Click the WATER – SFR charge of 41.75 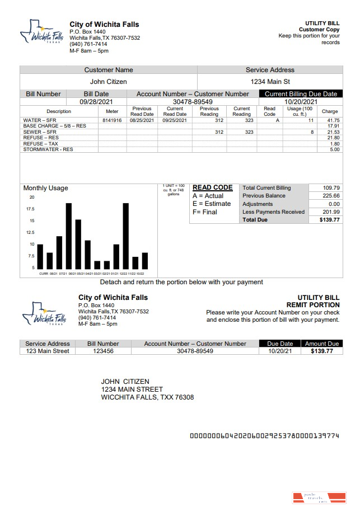pos(333,120)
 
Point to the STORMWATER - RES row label pos(48,149)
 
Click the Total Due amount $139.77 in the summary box pos(330,220)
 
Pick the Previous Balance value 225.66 pos(331,196)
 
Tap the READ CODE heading pos(212,188)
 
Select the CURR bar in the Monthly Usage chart pos(40,256)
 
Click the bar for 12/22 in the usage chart pos(126,236)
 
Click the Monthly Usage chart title pos(45,188)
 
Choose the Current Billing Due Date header pos(301,94)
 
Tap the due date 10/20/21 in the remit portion pos(280,351)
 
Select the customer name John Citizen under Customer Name pos(109,82)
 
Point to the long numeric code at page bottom pos(264,435)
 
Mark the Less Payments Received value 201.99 pos(331,212)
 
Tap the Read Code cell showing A pos(270,120)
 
